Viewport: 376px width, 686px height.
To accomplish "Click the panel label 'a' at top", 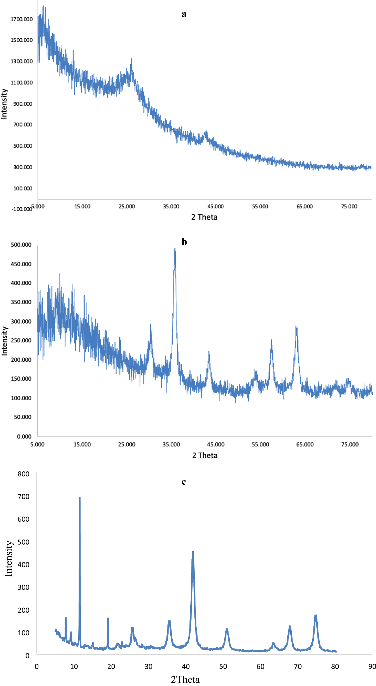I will point(184,14).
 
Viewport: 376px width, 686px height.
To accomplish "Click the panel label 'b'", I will point(184,242).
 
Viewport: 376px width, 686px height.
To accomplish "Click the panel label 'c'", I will point(184,482).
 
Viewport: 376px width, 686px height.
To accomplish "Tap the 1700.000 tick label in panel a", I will point(22,19).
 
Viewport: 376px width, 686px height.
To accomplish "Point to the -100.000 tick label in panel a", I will point(21,209).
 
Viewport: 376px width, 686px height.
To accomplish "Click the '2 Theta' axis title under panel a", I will point(204,217).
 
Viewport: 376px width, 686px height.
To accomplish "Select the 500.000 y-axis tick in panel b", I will point(21,245).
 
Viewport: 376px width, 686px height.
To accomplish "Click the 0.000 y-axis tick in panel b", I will point(24,436).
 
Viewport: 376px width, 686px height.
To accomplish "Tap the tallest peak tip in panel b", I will point(175,249).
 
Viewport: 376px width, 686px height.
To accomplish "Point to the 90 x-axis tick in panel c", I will point(372,666).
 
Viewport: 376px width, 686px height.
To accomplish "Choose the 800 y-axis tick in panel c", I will point(23,474).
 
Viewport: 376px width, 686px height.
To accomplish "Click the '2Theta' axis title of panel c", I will point(185,679).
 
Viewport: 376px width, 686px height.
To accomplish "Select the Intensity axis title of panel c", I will point(9,558).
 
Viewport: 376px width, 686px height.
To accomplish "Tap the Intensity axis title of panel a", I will point(4,104).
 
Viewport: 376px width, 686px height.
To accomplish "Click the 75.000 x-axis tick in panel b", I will point(350,444).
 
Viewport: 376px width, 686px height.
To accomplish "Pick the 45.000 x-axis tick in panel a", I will point(216,206).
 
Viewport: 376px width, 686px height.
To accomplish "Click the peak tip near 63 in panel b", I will point(296,327).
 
